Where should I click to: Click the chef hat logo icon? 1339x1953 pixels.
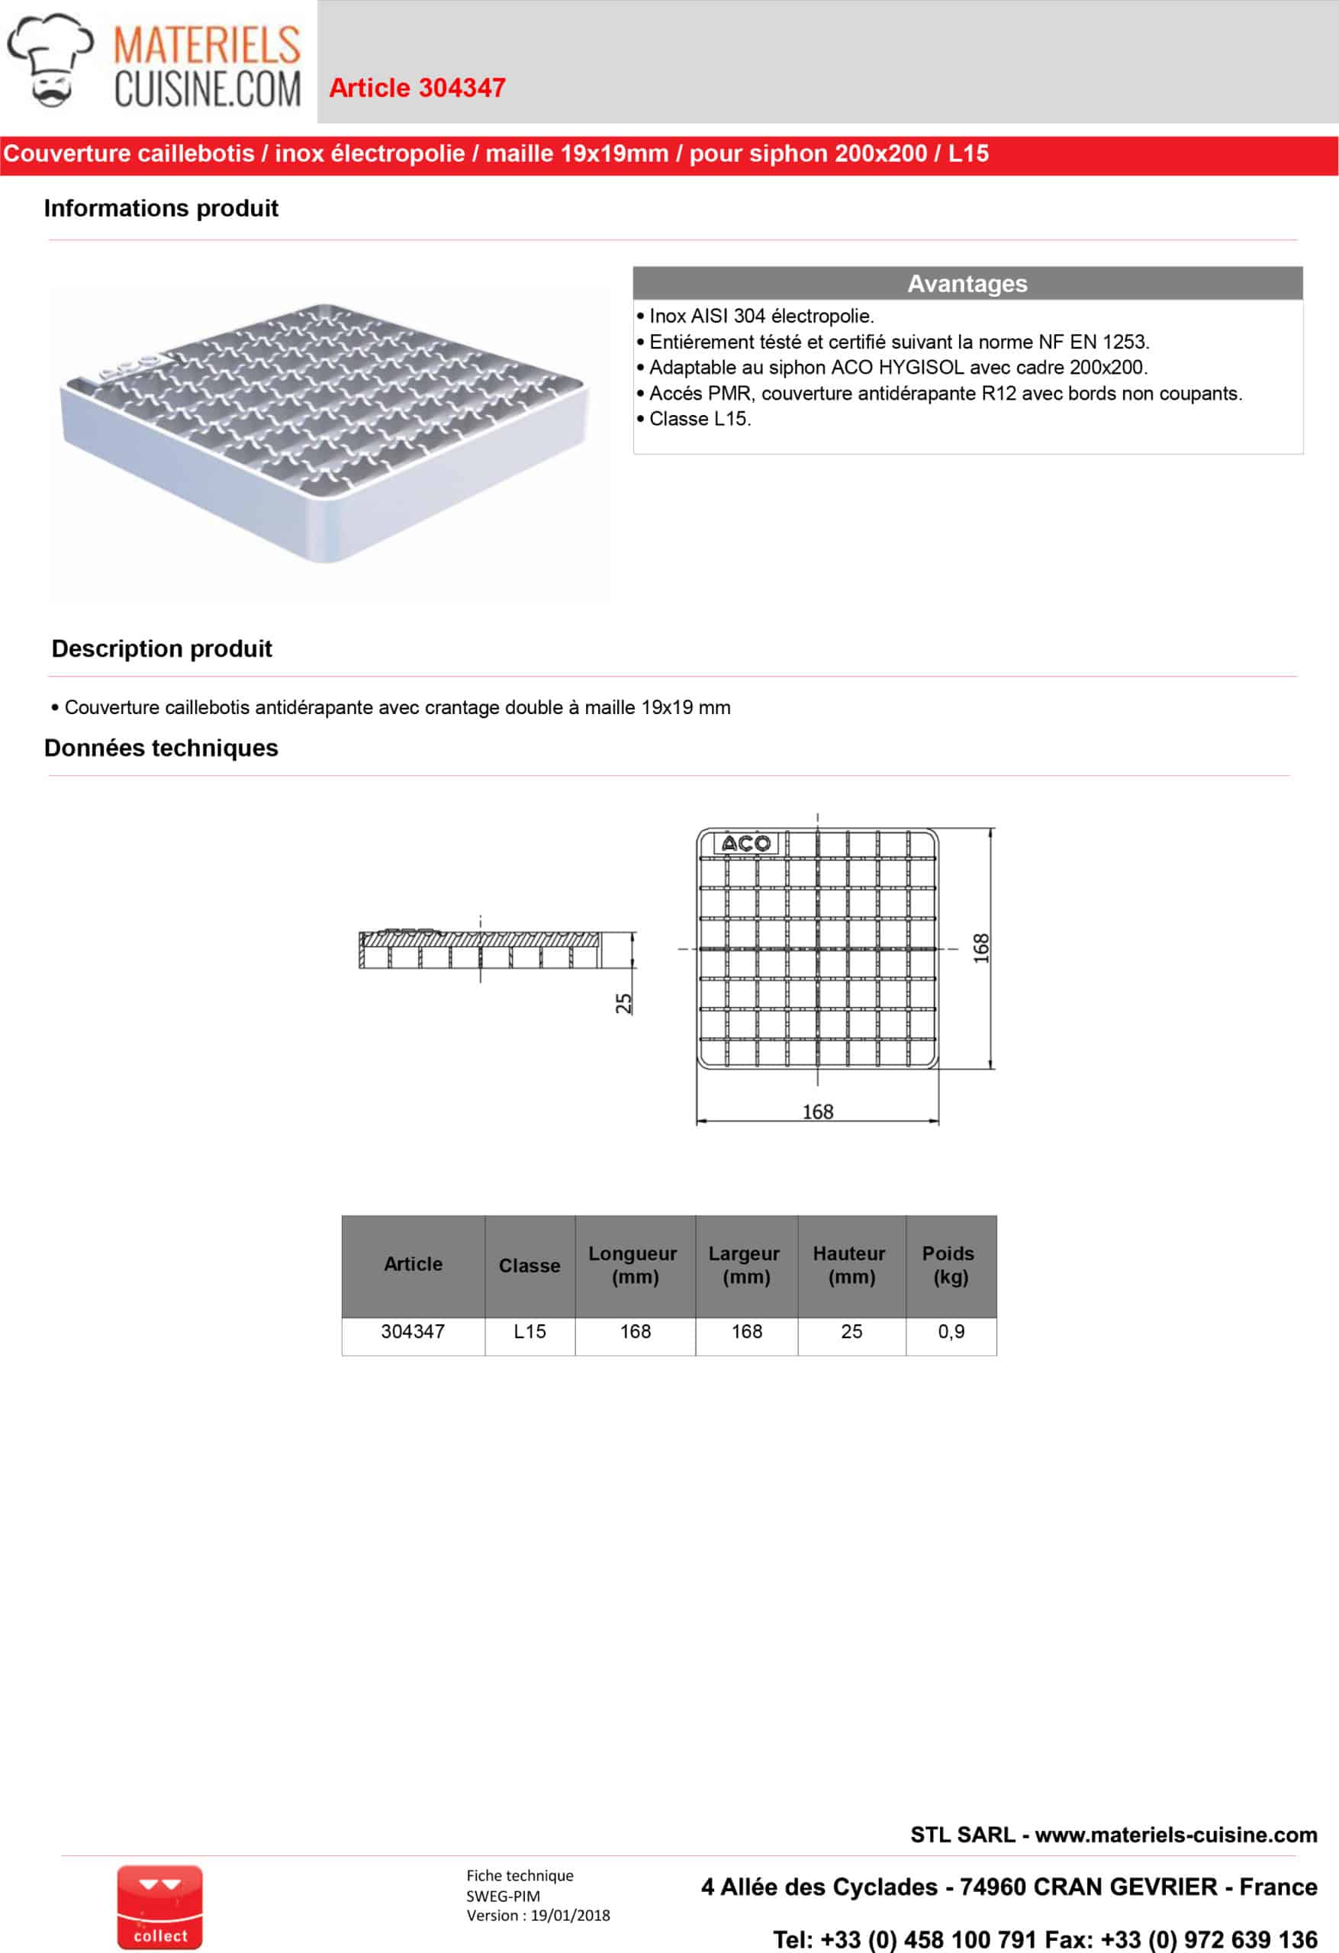[50, 60]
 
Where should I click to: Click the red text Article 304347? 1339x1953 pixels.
[417, 88]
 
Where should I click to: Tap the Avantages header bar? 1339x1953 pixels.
[967, 283]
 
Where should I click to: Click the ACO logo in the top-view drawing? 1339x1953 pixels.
[745, 843]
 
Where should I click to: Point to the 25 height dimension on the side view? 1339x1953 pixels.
[623, 1002]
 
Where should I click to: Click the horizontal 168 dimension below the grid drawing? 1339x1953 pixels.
[817, 1112]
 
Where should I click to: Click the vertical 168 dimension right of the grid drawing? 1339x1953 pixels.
[981, 948]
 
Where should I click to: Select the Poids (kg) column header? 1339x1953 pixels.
[950, 1265]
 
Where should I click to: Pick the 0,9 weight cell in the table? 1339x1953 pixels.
[951, 1331]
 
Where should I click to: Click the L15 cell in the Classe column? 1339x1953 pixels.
[529, 1331]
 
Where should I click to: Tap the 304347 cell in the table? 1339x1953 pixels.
[412, 1331]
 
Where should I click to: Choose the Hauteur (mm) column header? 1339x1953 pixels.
[850, 1265]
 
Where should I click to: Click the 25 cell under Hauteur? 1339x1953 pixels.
[851, 1331]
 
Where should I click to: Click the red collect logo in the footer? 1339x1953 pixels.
[159, 1906]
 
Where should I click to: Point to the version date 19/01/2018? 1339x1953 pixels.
[570, 1915]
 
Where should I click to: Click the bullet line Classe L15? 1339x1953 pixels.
[700, 419]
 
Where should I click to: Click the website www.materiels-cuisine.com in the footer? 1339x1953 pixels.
[1175, 1835]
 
